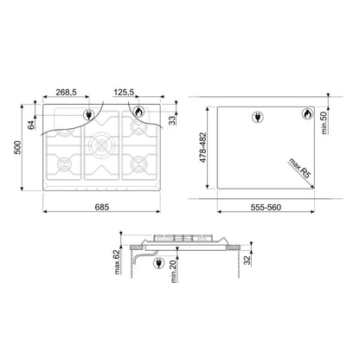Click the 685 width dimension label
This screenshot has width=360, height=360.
coord(102,207)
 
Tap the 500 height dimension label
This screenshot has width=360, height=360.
coord(18,147)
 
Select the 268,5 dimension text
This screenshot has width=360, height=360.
coord(66,92)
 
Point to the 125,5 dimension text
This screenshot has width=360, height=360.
coord(124,92)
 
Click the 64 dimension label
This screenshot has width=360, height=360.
coord(30,125)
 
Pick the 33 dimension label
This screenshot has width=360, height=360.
coord(172,120)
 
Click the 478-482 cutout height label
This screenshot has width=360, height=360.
coord(202,147)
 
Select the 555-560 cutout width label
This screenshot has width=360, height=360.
coord(266,207)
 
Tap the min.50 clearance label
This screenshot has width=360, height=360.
coord(325,123)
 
